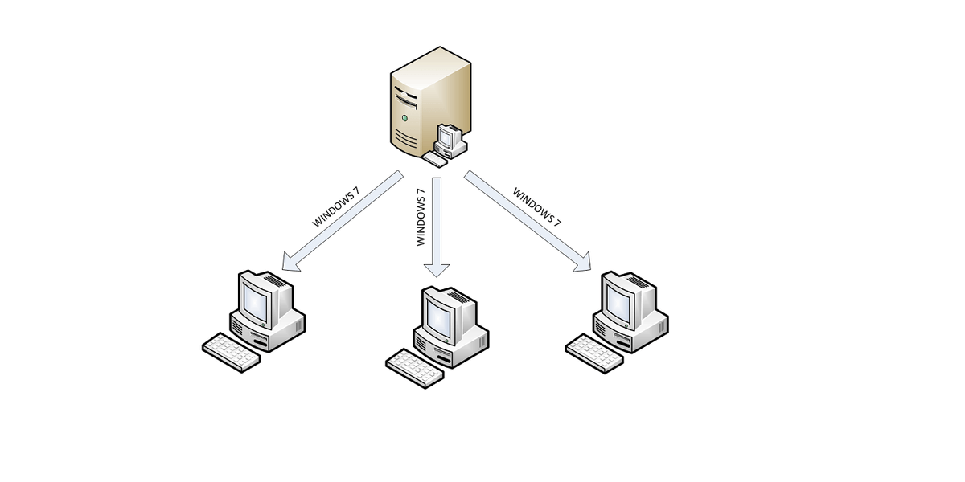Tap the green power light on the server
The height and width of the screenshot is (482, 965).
tap(404, 118)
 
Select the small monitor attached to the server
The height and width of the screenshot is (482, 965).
tap(447, 139)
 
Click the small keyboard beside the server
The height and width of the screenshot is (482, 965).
tap(435, 160)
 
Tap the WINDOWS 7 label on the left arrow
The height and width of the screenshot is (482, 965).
tap(337, 207)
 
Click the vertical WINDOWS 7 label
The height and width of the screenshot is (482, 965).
tap(421, 217)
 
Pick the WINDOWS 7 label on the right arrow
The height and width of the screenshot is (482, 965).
tap(537, 207)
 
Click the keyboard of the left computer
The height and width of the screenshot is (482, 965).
tap(231, 351)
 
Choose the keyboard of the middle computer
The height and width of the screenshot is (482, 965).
tap(415, 367)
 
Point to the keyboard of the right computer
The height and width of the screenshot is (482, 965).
tap(594, 351)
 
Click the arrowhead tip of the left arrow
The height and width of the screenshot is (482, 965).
tap(283, 268)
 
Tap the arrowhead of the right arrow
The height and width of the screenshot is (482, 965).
tap(587, 268)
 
